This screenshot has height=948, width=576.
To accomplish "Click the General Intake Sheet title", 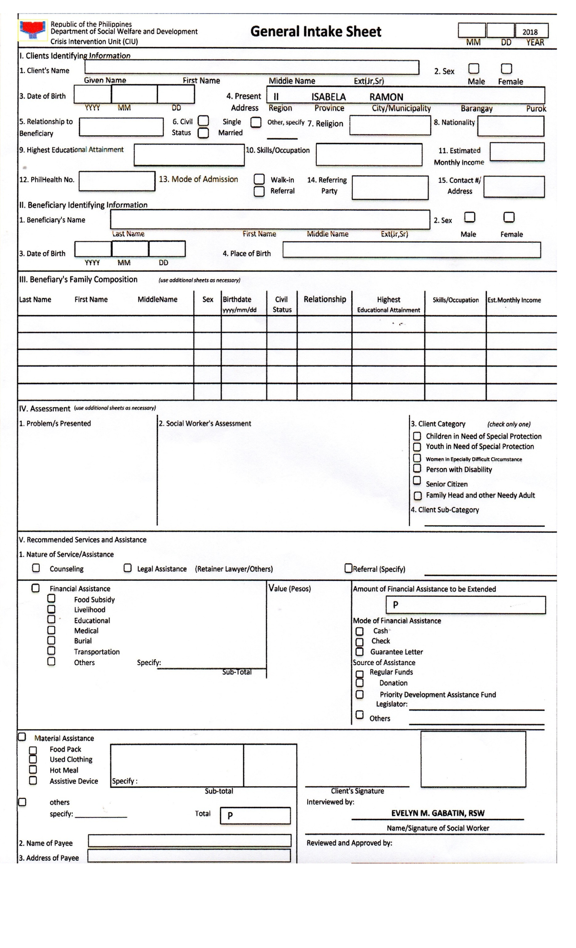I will [315, 32].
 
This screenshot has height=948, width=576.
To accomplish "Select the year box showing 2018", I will [531, 31].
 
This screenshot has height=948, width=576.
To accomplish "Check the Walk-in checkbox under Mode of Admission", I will [259, 179].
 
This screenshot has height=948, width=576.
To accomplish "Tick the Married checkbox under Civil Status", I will [204, 133].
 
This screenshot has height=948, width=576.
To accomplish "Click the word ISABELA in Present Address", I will [328, 97].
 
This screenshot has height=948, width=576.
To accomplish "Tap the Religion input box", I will [390, 125].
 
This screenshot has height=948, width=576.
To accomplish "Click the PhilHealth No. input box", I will [117, 181].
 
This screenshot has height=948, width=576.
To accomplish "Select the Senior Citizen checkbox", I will [417, 480].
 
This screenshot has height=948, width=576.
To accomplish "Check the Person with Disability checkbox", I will [417, 469].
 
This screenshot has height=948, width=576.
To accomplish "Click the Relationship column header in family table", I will [324, 299].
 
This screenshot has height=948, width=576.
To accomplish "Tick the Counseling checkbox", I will [36, 568].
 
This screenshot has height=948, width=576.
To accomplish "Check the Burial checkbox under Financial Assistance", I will [51, 640].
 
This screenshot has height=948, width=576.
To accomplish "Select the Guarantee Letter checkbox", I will [360, 652].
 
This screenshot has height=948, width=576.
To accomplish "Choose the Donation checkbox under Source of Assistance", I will [360, 683].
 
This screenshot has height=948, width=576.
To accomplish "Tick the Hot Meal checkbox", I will [33, 770].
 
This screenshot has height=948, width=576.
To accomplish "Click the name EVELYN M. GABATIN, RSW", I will [438, 813].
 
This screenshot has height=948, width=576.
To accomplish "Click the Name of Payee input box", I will [190, 841].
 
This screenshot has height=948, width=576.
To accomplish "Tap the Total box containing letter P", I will [255, 816].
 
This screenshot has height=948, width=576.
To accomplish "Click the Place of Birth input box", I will [411, 250].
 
